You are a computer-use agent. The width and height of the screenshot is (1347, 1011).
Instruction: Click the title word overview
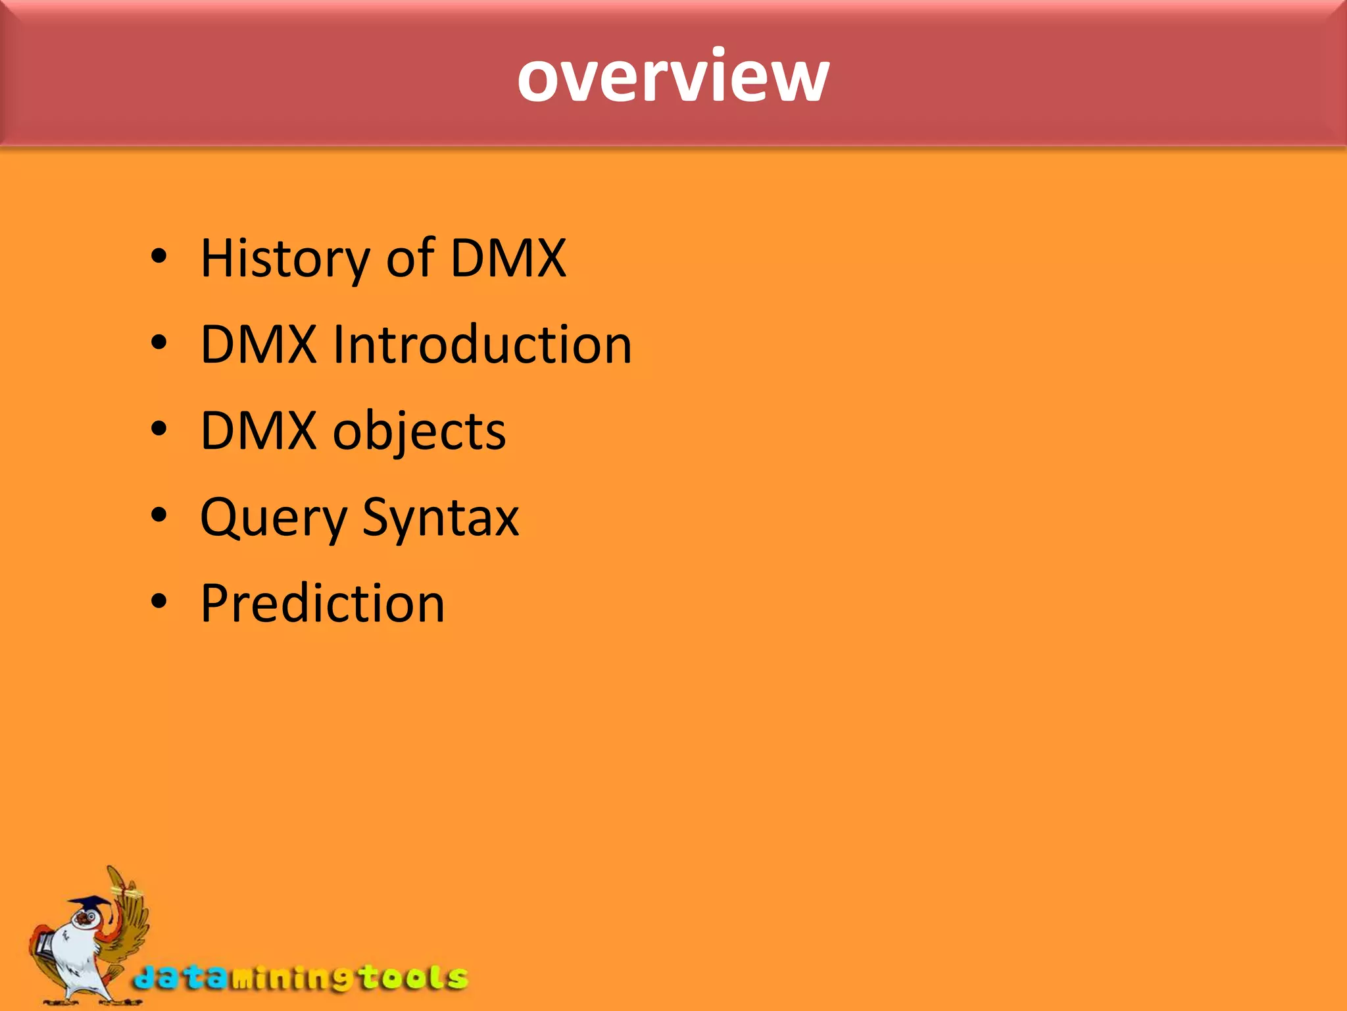[x=673, y=78]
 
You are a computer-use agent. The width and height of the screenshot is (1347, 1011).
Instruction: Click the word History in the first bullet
[x=285, y=258]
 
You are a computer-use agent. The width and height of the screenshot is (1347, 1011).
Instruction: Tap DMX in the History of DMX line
[x=508, y=258]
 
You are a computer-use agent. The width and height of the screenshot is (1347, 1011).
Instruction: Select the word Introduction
[x=481, y=345]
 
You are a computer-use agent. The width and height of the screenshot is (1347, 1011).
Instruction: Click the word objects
[x=419, y=432]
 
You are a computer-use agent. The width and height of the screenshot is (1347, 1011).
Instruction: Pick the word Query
[x=273, y=518]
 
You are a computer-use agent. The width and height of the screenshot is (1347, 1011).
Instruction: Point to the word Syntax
[x=440, y=518]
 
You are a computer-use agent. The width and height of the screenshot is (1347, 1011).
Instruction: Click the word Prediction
[x=322, y=604]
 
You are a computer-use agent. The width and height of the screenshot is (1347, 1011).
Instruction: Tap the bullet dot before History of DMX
[x=159, y=257]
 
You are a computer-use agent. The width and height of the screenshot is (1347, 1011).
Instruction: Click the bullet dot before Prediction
[x=159, y=601]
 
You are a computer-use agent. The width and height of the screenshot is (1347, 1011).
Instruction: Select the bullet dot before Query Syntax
[x=159, y=515]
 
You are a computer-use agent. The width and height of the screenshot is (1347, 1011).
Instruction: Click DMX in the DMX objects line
[x=258, y=432]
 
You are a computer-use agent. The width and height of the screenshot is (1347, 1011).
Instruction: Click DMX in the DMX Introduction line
[x=258, y=345]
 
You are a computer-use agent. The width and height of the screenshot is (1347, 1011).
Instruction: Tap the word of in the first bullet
[x=410, y=258]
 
